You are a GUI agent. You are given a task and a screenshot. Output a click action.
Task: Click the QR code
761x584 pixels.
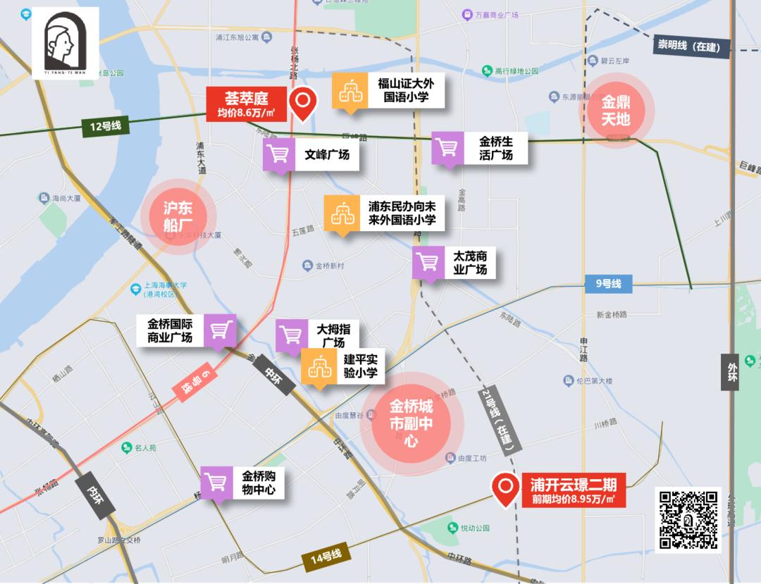(x=688, y=520)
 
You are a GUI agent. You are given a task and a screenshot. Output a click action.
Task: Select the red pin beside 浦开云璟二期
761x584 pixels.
(x=505, y=487)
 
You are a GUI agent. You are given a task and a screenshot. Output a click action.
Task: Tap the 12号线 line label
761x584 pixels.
(x=106, y=126)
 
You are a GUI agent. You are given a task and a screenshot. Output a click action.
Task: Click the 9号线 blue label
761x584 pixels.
(x=608, y=284)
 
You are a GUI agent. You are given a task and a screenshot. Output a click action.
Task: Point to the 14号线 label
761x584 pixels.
(x=326, y=557)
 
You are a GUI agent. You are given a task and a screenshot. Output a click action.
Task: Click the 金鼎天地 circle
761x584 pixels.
(x=616, y=111)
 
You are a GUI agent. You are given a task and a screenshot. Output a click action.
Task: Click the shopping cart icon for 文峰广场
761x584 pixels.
(x=279, y=154)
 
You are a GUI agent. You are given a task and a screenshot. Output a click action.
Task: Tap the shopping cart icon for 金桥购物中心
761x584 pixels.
(x=217, y=482)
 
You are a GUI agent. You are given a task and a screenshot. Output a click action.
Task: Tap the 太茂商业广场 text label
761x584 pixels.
(x=470, y=263)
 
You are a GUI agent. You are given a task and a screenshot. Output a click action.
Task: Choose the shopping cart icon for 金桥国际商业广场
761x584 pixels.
(x=221, y=330)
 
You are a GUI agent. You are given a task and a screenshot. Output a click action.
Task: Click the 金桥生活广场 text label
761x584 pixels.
(x=495, y=148)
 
